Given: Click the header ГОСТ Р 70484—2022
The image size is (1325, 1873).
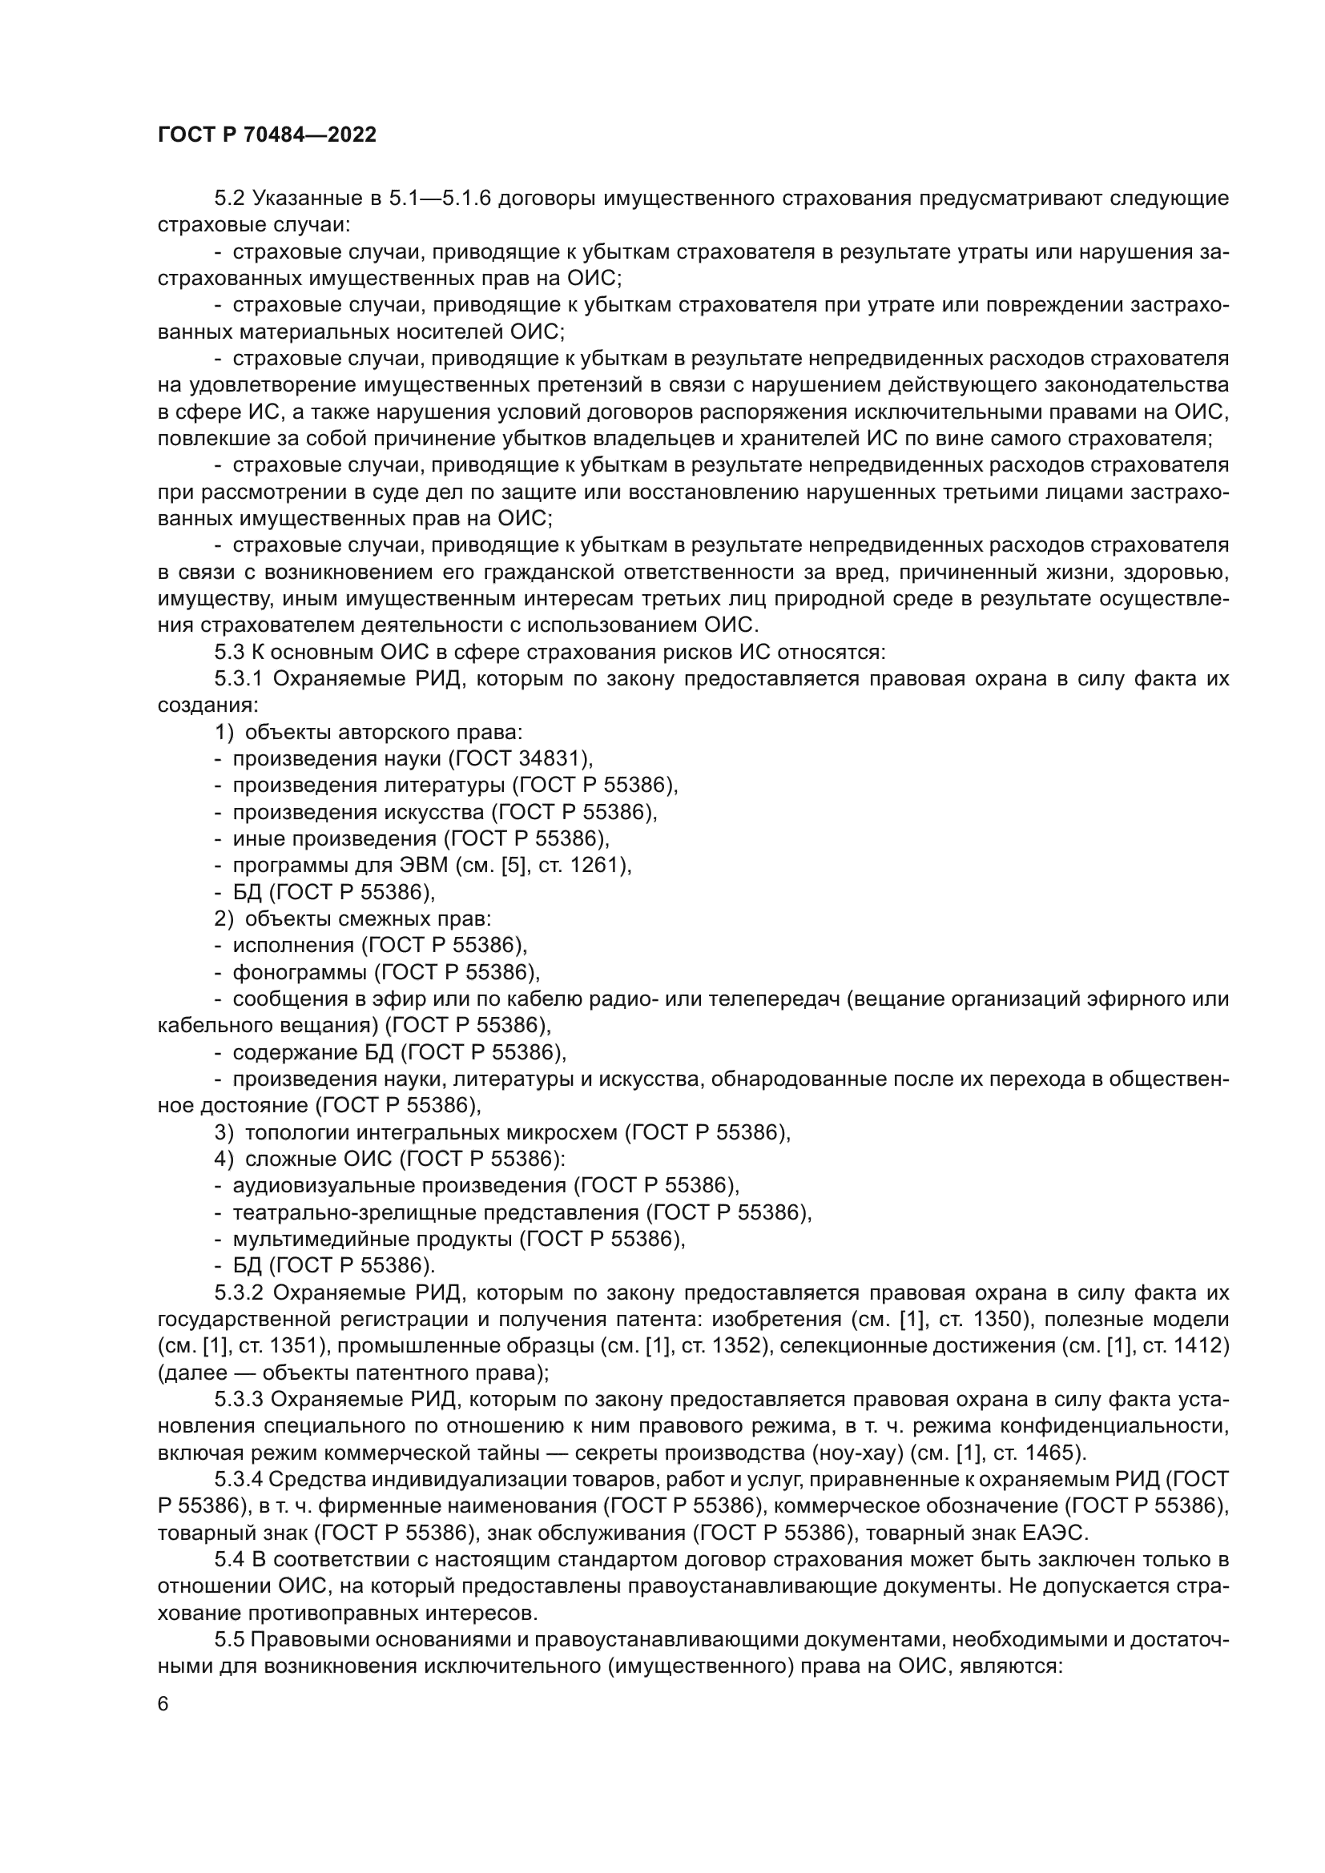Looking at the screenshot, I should (267, 135).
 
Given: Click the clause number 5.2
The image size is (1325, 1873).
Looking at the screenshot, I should (231, 199).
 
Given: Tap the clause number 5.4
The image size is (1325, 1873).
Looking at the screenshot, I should (229, 1559).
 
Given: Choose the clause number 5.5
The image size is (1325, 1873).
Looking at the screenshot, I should (229, 1639).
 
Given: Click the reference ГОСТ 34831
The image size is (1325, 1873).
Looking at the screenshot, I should (520, 758).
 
